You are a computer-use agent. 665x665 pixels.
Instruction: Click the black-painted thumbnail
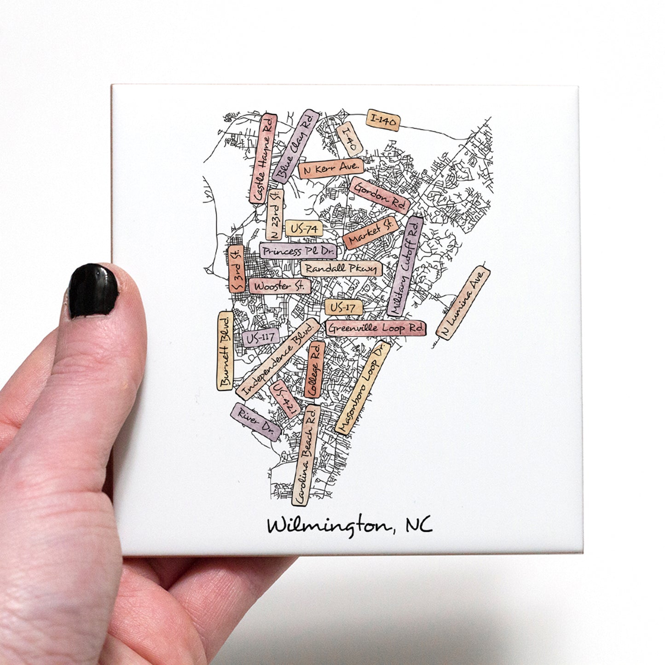click(93, 291)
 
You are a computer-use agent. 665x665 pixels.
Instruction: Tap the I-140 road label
click(383, 121)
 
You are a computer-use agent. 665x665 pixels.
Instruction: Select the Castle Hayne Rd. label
click(264, 159)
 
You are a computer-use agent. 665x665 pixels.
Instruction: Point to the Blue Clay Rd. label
click(295, 147)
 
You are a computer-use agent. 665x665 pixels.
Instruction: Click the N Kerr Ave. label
click(331, 168)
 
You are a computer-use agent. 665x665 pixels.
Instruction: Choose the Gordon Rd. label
click(380, 195)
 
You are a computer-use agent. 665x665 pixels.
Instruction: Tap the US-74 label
click(304, 228)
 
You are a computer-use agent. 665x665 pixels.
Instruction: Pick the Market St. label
click(370, 232)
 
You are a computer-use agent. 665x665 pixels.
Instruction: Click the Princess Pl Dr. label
click(298, 251)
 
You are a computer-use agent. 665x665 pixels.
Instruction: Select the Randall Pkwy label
click(341, 268)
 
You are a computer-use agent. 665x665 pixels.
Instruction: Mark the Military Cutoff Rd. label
click(405, 266)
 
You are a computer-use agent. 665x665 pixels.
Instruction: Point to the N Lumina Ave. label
click(463, 303)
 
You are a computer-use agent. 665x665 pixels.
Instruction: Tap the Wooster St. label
click(280, 286)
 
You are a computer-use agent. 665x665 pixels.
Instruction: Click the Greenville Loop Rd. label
click(376, 328)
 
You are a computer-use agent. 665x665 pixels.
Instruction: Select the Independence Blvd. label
click(278, 359)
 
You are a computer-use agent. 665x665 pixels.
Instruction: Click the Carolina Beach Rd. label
click(306, 455)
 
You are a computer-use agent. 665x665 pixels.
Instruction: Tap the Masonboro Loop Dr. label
click(362, 387)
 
